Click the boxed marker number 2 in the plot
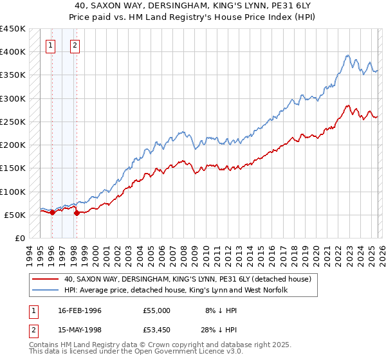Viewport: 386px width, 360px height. click(x=75, y=45)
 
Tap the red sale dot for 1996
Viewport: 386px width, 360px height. click(x=52, y=212)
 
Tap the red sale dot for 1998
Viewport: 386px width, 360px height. click(x=77, y=213)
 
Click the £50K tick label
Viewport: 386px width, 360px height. click(x=14, y=215)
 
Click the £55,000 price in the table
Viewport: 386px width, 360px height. click(x=157, y=310)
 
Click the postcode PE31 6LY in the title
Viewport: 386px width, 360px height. click(x=250, y=6)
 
